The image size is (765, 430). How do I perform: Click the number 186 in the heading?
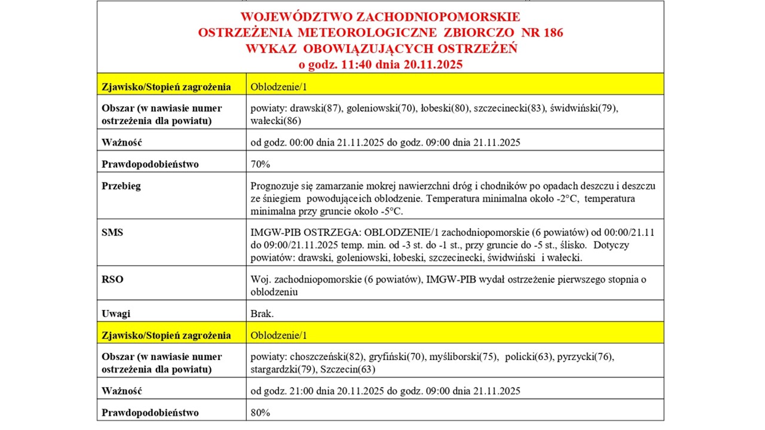(x=552, y=33)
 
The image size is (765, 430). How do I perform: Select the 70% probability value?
(x=260, y=164)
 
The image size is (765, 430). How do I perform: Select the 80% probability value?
(x=260, y=413)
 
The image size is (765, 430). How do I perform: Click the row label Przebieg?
(x=121, y=186)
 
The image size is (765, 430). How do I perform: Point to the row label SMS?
(x=112, y=232)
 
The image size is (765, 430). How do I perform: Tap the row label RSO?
(x=112, y=279)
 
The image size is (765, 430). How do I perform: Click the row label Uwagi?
(x=116, y=314)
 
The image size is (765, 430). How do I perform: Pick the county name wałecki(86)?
(x=276, y=121)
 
